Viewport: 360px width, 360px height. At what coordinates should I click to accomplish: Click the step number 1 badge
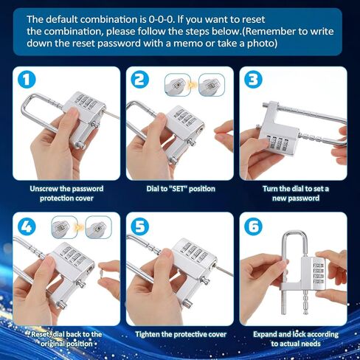coord(27,80)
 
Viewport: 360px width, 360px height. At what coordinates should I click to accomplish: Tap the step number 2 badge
coord(140,80)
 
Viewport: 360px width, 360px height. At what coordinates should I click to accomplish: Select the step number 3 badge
coord(253,80)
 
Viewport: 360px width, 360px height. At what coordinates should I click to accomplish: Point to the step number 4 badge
coord(27,226)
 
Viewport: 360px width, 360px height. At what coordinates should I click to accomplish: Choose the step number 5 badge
coord(140,226)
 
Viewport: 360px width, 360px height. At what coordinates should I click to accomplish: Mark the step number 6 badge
coord(253,226)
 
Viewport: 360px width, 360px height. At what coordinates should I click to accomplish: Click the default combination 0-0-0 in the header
coord(161,19)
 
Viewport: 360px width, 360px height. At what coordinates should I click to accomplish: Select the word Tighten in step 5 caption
coord(148,334)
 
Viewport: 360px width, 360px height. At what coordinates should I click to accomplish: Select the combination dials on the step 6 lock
coord(318,274)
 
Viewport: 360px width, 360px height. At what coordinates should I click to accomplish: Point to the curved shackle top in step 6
coord(295,232)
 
